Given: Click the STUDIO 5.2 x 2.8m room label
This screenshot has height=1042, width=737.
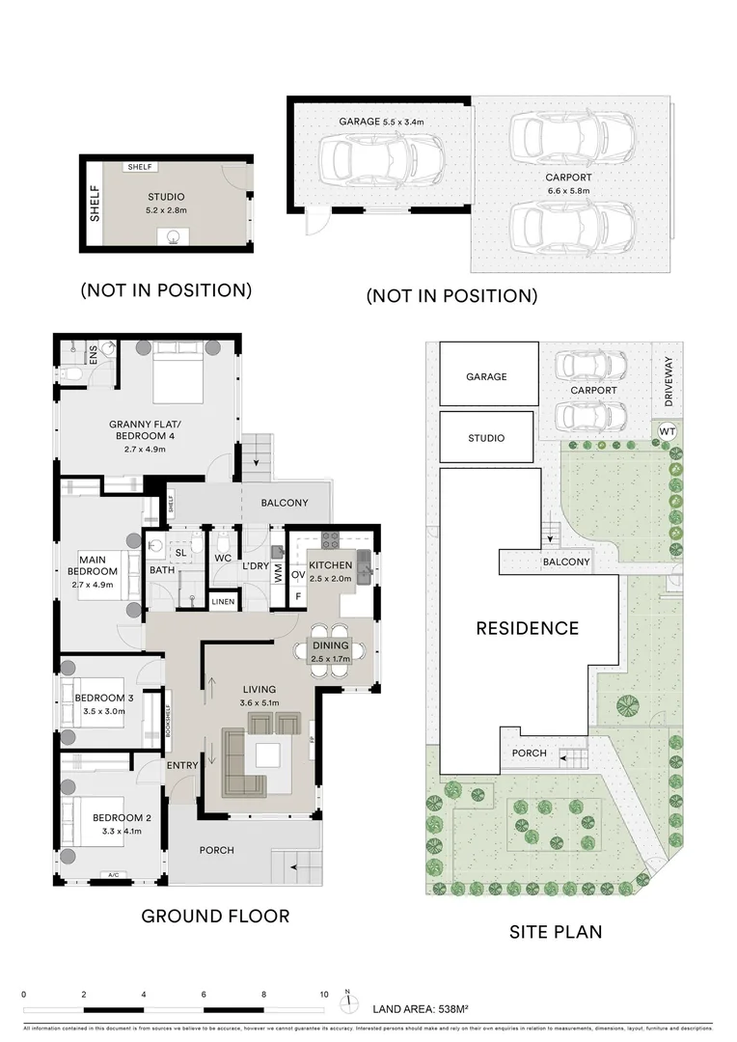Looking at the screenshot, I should tap(166, 204).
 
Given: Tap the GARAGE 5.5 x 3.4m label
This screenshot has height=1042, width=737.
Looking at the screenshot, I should tap(381, 123).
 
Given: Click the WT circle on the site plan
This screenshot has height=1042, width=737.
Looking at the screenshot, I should tap(667, 430).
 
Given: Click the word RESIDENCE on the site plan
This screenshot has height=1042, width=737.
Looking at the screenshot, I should tap(527, 628).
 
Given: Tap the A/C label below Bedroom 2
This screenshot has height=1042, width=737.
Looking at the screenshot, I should tap(113, 876).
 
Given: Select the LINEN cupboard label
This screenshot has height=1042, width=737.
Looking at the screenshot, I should tap(223, 603).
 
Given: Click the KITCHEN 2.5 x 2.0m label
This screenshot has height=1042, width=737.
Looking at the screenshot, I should tap(331, 571).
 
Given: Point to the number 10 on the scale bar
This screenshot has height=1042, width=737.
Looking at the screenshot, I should tap(324, 994).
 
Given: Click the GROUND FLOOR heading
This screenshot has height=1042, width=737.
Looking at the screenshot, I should tap(215, 916).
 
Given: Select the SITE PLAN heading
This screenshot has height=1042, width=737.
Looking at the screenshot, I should tap(556, 931).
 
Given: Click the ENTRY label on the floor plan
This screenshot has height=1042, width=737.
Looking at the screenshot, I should tap(181, 765).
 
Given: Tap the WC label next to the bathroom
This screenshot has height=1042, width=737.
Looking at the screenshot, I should tap(222, 558).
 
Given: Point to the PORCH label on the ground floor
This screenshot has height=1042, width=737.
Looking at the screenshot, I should tap(216, 850).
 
